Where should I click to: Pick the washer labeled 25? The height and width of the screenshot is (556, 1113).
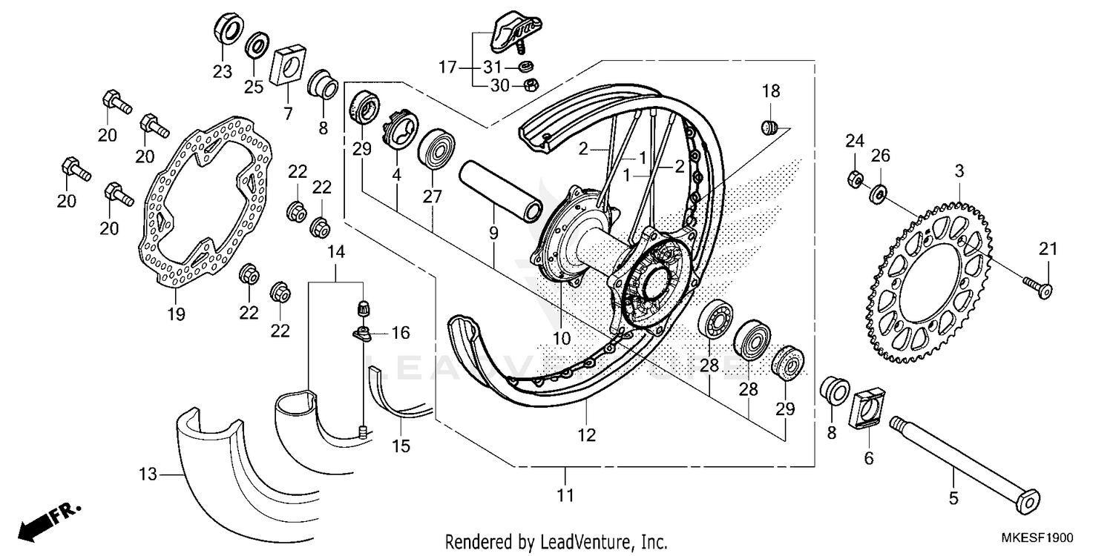(x=257, y=44)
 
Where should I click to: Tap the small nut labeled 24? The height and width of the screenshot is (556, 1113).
(x=854, y=179)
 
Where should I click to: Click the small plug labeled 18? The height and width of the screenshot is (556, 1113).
(x=770, y=127)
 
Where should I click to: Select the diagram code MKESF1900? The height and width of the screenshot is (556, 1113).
(x=1040, y=538)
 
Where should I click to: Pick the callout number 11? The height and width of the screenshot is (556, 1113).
(x=565, y=494)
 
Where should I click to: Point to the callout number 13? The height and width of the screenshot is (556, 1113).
(x=148, y=474)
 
